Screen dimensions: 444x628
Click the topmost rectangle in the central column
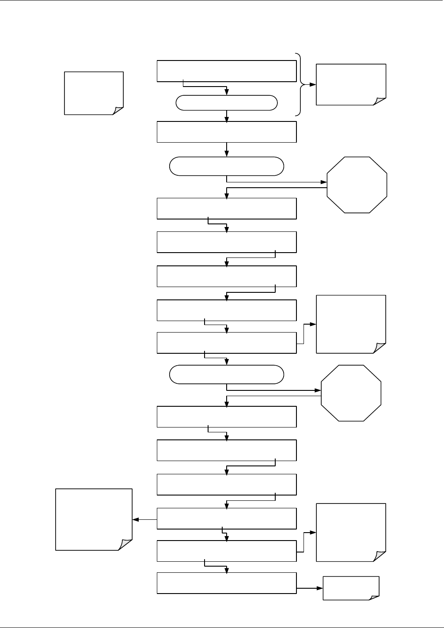[x=226, y=71]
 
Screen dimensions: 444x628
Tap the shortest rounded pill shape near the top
[x=226, y=103]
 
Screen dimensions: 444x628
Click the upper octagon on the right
[x=357, y=185]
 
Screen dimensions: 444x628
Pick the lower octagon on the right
[x=351, y=393]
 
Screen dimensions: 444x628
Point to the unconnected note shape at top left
[x=94, y=93]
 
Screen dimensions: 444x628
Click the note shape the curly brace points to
[x=351, y=84]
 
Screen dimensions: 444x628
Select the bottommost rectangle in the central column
[x=226, y=583]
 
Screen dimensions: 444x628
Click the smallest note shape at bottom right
[x=351, y=588]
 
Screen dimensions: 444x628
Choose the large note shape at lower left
[x=94, y=519]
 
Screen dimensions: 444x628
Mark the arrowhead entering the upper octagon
[x=323, y=182]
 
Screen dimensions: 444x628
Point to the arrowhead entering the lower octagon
[x=318, y=390]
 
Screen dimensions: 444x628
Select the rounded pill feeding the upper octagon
[x=226, y=166]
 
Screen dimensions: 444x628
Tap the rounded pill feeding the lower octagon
[x=226, y=375]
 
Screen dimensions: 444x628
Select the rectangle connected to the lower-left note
[x=226, y=518]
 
